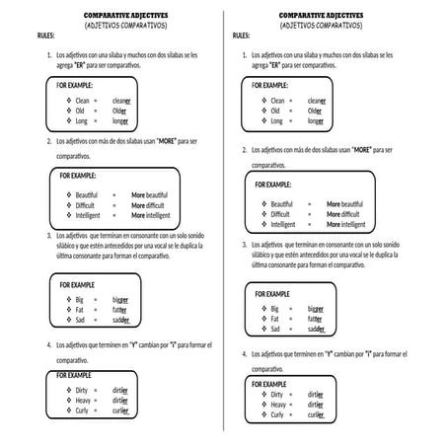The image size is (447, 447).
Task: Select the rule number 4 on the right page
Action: pos(245,353)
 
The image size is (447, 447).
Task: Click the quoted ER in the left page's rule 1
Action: pos(94,68)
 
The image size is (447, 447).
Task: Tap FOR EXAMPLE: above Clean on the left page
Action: pos(77,86)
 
